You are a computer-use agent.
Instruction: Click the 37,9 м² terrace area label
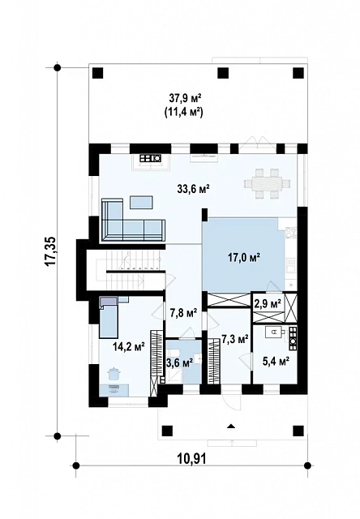coord(186,98)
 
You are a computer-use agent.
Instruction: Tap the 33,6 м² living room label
coord(194,189)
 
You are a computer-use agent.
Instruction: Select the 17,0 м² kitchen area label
coord(244,257)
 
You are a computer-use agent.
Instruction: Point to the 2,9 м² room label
coord(268,302)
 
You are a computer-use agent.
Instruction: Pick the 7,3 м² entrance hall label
coord(235,339)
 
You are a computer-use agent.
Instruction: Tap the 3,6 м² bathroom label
coord(179,363)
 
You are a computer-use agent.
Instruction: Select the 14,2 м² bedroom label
coord(129,346)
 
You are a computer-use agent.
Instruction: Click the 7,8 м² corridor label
coord(183,312)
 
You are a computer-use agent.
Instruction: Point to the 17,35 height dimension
coord(51,251)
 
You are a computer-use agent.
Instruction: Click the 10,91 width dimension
coord(192,459)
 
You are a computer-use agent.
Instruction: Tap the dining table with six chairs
coord(268,183)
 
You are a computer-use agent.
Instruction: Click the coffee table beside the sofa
coord(141,202)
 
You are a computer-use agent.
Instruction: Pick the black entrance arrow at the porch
coord(231,426)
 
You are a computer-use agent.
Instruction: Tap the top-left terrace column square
coord(97,73)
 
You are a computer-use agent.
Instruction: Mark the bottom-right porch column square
coord(298,431)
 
